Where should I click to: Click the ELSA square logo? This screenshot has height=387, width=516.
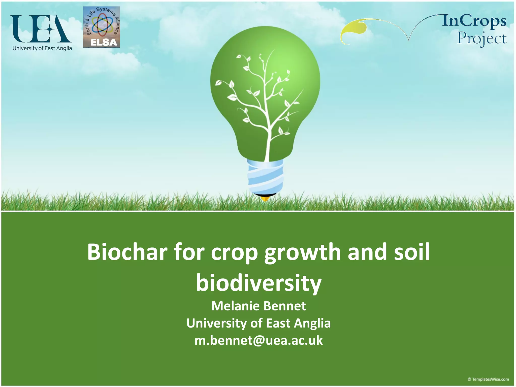(101, 27)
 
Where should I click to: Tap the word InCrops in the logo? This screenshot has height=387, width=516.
(474, 21)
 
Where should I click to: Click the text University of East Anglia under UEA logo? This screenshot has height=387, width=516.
(42, 48)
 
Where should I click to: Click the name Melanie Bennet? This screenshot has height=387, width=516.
(259, 306)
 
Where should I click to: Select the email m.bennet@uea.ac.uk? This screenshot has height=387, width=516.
(259, 340)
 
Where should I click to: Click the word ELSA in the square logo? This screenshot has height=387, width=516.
(104, 43)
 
